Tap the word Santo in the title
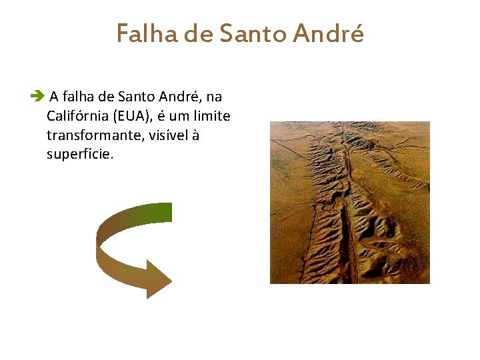[256, 33]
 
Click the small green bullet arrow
[37, 97]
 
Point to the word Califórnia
[78, 116]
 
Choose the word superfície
[80, 155]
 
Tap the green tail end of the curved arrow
[163, 213]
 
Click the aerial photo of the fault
[349, 202]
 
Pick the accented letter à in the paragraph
[195, 135]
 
